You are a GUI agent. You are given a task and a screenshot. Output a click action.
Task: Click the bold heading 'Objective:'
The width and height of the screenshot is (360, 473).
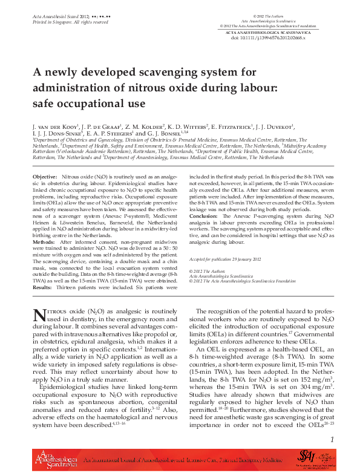(45, 175)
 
